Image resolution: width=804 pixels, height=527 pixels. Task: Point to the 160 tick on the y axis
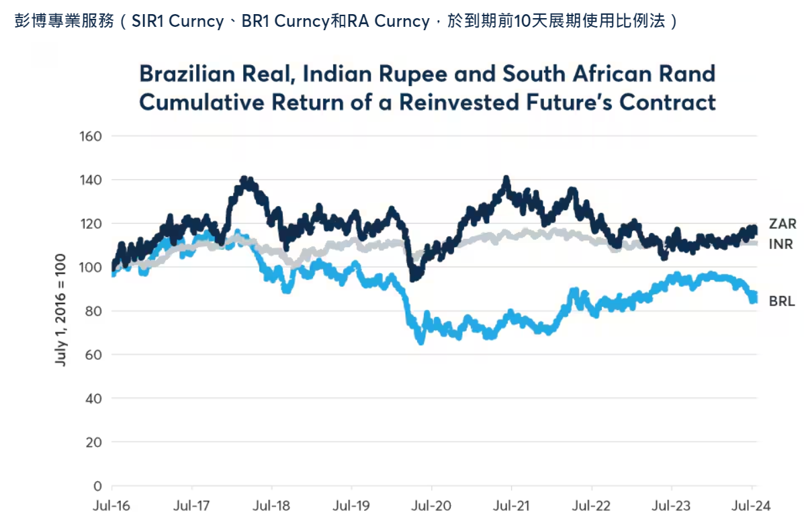(91, 136)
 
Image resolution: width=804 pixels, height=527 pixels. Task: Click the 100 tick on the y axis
(91, 267)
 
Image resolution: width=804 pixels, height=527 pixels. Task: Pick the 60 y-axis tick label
(93, 354)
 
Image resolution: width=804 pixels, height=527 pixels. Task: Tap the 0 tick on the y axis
(97, 485)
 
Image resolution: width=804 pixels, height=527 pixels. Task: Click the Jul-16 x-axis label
(111, 506)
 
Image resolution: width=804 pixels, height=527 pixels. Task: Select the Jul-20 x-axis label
(431, 506)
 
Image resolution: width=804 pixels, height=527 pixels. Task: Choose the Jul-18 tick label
(271, 506)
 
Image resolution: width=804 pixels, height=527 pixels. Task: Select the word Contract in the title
(668, 103)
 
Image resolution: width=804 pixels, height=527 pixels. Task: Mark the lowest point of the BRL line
(421, 342)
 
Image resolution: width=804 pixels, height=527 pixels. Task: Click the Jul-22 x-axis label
(591, 506)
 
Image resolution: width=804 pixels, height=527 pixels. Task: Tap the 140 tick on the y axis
(91, 180)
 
